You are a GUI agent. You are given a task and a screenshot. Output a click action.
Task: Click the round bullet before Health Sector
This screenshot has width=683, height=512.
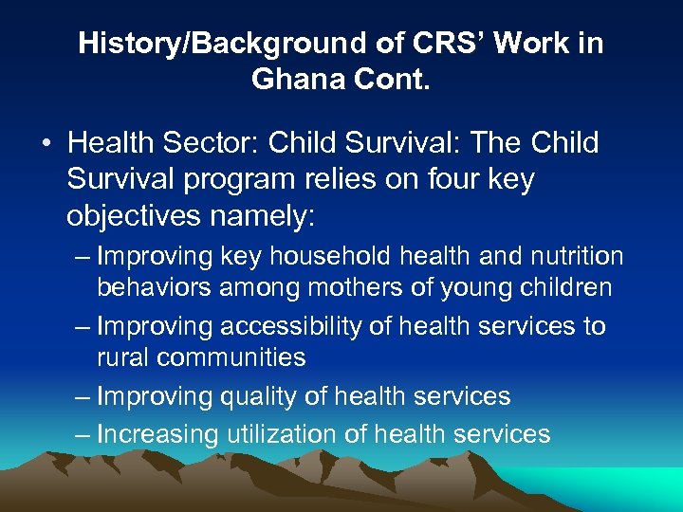coord(46,145)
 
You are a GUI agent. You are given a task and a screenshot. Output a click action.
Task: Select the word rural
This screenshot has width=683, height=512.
coord(124,357)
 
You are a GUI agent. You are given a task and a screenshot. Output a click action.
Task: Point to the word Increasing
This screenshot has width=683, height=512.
coord(158,434)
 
